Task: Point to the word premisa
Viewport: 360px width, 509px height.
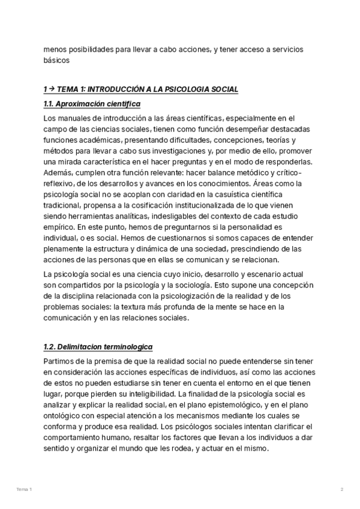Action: pos(101,361)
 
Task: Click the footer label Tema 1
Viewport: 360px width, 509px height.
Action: pos(24,490)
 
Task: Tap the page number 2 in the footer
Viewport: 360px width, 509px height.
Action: pos(341,490)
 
